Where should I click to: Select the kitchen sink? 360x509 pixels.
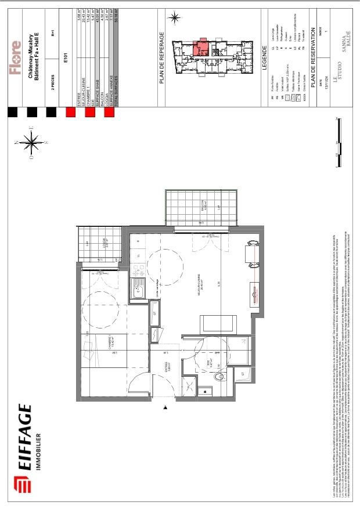coord(139,288)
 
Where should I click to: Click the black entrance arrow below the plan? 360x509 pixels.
coord(165,409)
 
